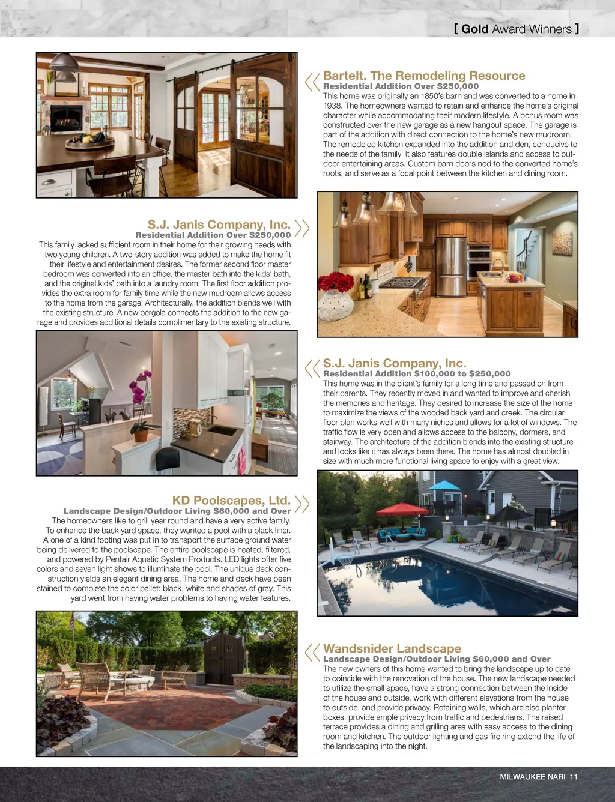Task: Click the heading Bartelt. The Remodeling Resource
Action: [423, 76]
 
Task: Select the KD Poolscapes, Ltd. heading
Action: [231, 501]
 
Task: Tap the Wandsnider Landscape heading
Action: [392, 648]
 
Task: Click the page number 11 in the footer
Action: [574, 777]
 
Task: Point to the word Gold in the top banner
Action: [474, 29]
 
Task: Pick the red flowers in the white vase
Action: [336, 282]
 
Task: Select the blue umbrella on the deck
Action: [445, 485]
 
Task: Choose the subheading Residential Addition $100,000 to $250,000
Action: [416, 373]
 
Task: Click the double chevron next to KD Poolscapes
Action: [302, 504]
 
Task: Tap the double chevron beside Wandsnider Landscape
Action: [312, 652]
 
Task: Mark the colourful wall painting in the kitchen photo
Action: [562, 243]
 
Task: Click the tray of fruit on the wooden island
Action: [90, 142]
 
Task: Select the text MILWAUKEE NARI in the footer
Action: [532, 777]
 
